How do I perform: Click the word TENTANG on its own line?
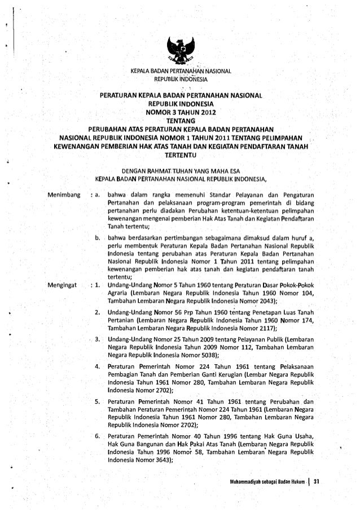(x=179, y=120)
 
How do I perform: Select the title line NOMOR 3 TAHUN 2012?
(x=179, y=112)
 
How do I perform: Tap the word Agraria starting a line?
(x=117, y=293)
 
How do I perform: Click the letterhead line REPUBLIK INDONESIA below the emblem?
(x=179, y=78)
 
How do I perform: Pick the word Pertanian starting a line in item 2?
(x=120, y=320)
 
